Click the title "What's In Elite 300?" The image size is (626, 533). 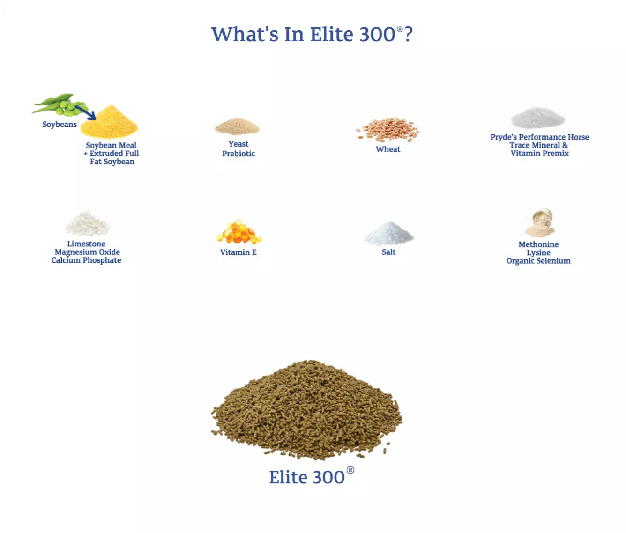(312, 34)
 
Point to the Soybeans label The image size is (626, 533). (60, 125)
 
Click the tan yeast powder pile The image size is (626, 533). (237, 126)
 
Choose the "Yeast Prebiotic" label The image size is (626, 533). (238, 149)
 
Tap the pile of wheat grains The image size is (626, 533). (388, 129)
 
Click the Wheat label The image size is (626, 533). (388, 149)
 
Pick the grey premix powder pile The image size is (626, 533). (538, 118)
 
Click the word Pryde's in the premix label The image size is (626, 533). (503, 137)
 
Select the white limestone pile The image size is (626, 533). (87, 224)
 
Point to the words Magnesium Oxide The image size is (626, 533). (87, 252)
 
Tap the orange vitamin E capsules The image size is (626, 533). (239, 232)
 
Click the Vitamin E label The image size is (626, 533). (238, 252)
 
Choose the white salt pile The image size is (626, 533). (389, 234)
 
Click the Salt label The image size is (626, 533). (388, 252)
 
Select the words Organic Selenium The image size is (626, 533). (538, 261)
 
